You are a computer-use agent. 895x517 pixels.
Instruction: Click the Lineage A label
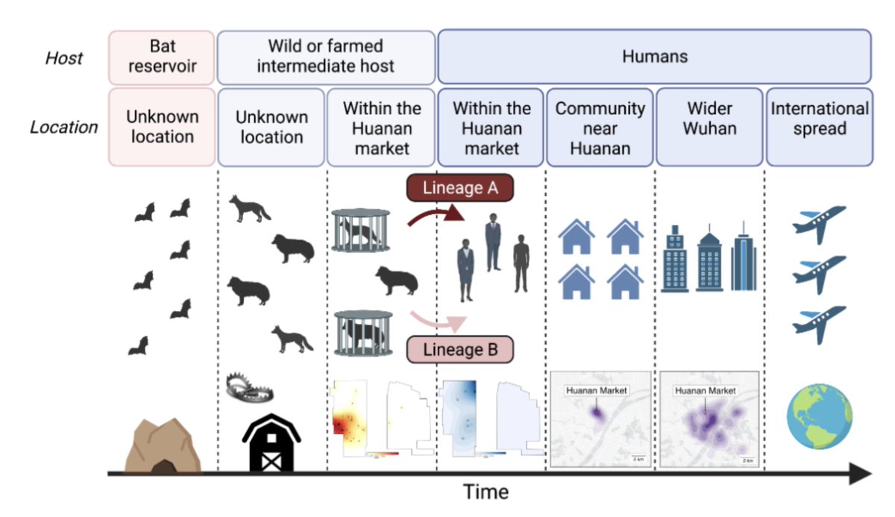460,189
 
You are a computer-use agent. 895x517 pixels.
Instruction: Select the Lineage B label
460,349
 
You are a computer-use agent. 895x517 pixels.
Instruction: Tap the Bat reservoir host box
162,56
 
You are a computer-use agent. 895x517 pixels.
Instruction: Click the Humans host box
654,56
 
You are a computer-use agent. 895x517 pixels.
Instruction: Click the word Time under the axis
486,492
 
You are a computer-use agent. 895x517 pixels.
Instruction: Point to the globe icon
820,417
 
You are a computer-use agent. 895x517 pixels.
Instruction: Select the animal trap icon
251,387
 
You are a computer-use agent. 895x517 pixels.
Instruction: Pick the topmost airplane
818,222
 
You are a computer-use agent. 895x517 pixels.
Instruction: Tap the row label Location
63,127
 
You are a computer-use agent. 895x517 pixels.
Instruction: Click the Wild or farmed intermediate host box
326,56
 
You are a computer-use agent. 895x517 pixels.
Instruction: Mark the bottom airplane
818,323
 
